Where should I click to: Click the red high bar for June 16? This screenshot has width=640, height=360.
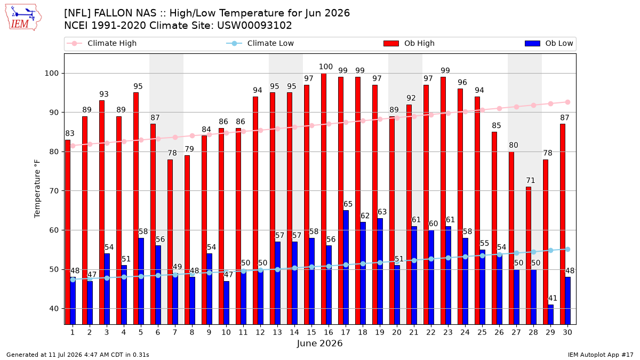pyautogui.click(x=324, y=199)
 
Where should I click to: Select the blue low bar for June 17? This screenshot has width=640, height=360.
pyautogui.click(x=346, y=267)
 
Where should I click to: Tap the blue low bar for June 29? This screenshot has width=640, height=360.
pyautogui.click(x=550, y=315)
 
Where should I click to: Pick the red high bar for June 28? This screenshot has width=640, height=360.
pyautogui.click(x=529, y=255)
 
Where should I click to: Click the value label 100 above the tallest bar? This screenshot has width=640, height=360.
pyautogui.click(x=326, y=67)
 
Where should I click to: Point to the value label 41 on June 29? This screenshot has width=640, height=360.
pyautogui.click(x=553, y=298)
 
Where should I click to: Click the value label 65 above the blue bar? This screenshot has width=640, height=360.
pyautogui.click(x=348, y=204)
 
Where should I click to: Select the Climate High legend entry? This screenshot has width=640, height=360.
pyautogui.click(x=102, y=43)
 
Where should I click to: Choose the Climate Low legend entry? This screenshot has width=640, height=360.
pyautogui.click(x=260, y=43)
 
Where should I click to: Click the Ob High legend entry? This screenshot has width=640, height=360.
pyautogui.click(x=409, y=43)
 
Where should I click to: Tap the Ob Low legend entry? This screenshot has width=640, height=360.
pyautogui.click(x=549, y=43)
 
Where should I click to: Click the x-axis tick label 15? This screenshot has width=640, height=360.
pyautogui.click(x=311, y=332)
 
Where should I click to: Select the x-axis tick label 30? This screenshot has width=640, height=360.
pyautogui.click(x=567, y=332)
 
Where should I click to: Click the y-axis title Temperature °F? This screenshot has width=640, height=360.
pyautogui.click(x=37, y=189)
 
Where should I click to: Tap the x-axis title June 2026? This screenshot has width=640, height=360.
pyautogui.click(x=319, y=343)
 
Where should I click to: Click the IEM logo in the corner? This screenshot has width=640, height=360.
pyautogui.click(x=23, y=18)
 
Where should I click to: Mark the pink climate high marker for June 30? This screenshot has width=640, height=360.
pyautogui.click(x=567, y=102)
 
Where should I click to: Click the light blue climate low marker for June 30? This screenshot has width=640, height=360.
pyautogui.click(x=567, y=250)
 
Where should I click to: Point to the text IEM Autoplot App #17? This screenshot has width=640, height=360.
pyautogui.click(x=601, y=355)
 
